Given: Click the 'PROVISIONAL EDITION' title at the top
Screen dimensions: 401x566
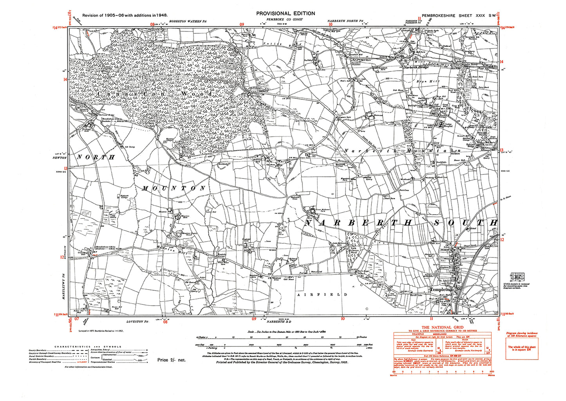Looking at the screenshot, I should coord(286,13).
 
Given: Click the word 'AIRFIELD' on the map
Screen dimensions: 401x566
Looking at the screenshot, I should coord(322,294).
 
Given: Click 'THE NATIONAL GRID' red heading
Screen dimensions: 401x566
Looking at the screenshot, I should coord(442,327).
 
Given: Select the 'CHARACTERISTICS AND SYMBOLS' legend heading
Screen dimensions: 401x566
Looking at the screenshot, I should coord(88,347).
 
